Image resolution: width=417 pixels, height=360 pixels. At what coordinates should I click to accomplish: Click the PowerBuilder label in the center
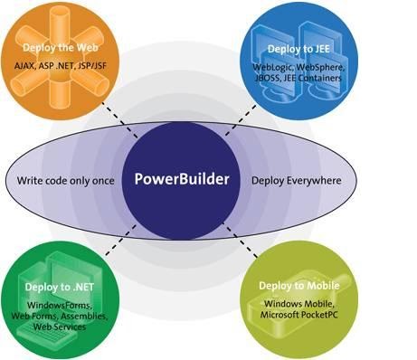click(182, 178)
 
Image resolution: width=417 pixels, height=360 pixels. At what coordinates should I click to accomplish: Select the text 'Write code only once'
click(66, 180)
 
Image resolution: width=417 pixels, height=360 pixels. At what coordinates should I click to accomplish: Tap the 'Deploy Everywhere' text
click(296, 180)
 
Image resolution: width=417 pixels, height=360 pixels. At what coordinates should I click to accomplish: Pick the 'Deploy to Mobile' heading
click(304, 286)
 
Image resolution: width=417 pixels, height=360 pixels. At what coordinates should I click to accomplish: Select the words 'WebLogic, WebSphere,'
click(302, 66)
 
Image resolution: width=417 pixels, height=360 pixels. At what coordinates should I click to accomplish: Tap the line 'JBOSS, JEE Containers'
click(302, 77)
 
